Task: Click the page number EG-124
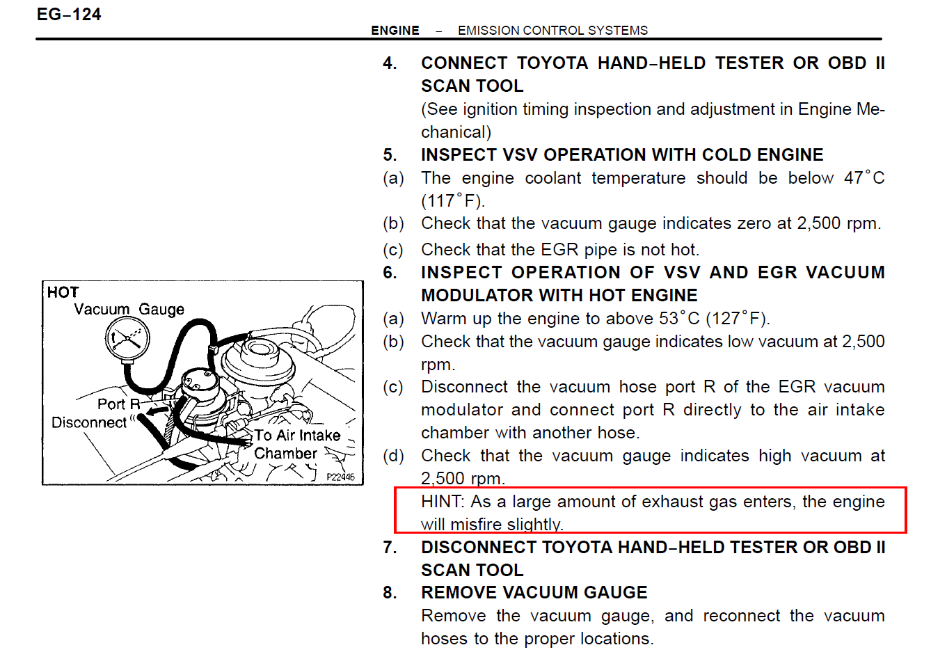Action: click(69, 15)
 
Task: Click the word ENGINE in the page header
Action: click(395, 31)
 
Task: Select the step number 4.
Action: click(390, 63)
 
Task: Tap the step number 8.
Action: click(390, 593)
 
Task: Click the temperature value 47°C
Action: click(864, 177)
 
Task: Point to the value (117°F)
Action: click(452, 201)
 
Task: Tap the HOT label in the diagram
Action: click(63, 292)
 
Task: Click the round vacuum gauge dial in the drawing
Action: click(127, 339)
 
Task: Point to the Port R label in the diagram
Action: click(118, 404)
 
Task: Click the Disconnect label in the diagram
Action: click(89, 423)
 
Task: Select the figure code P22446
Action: click(340, 477)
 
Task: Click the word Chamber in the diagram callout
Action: click(285, 454)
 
